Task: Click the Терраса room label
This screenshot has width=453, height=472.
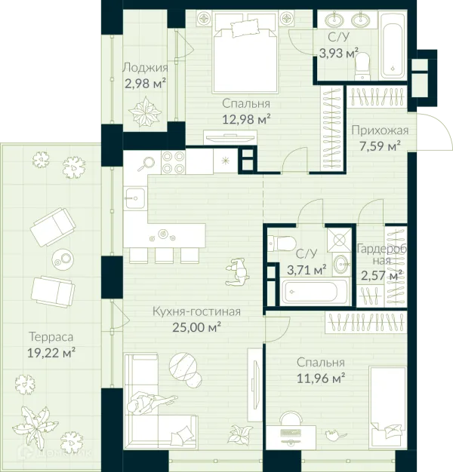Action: [x=51, y=336]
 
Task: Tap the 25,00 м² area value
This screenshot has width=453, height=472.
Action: [x=197, y=327]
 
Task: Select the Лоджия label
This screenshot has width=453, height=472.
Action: [x=145, y=67]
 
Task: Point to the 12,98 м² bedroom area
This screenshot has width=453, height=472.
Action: [x=246, y=119]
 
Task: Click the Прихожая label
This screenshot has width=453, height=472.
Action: [x=380, y=130]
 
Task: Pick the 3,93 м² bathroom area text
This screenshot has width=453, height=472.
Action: [x=339, y=54]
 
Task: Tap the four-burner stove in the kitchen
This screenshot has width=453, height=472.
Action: [x=174, y=162]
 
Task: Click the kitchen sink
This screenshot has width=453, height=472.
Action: [x=135, y=198]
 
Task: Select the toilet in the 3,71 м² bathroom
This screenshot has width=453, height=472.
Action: [x=282, y=244]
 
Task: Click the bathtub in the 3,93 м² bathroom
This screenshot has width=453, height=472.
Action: [x=392, y=45]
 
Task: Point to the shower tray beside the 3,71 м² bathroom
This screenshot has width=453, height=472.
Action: [x=340, y=240]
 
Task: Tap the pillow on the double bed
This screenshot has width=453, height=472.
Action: [x=245, y=29]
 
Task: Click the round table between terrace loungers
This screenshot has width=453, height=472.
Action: [x=63, y=259]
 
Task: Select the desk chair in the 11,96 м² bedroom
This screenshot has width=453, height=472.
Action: [x=291, y=418]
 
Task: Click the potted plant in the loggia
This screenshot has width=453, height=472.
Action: [x=145, y=112]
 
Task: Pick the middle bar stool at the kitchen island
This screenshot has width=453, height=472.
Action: [x=164, y=256]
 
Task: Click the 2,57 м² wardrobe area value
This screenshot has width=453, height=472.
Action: [x=381, y=275]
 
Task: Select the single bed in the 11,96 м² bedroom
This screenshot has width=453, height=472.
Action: [x=388, y=406]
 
